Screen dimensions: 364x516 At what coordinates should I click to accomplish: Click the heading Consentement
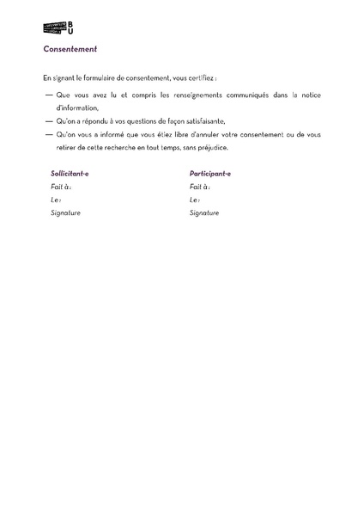tap(70, 49)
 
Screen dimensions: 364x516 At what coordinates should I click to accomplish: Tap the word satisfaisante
tap(202, 121)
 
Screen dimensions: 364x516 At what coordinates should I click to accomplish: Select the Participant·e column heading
tap(209, 173)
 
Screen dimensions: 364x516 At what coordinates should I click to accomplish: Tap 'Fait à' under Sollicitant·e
tap(61, 186)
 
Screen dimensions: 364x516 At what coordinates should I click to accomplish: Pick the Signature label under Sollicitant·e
tap(65, 212)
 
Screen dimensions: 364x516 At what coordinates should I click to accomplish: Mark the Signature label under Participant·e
tap(204, 212)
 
